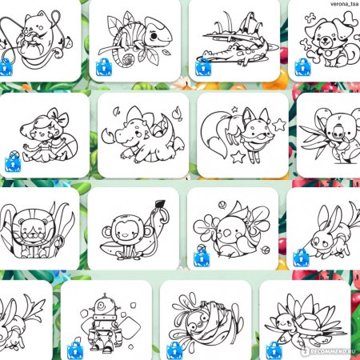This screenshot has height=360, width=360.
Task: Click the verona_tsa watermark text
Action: click(x=344, y=4)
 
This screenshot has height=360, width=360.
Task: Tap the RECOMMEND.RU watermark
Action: click(x=330, y=351)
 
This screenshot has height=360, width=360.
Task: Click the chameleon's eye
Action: click(x=154, y=35)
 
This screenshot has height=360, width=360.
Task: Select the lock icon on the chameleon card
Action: click(x=104, y=67)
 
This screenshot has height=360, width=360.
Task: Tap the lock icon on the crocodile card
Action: click(x=203, y=67)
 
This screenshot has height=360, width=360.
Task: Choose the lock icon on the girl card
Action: click(x=13, y=163)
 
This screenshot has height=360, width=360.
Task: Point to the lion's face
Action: click(x=33, y=230)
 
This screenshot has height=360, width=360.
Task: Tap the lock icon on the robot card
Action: click(x=75, y=350)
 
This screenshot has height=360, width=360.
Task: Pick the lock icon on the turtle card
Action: click(x=274, y=350)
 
